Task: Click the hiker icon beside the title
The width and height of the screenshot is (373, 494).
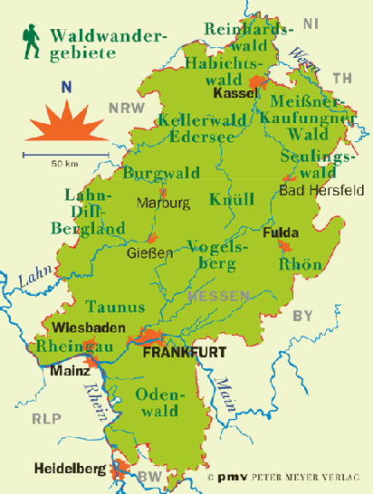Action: coord(33,42)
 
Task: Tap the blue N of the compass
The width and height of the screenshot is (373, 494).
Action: coord(65,88)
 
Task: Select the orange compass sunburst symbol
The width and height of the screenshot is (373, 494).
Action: coord(65,123)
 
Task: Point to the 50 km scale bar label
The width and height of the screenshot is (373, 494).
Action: coord(63,165)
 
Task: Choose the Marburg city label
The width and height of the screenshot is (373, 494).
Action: coord(163,203)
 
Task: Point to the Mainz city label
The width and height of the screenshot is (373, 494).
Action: coord(71,370)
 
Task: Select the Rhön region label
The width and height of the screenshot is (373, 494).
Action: coord(301,264)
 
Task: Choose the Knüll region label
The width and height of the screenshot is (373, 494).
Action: coord(225,199)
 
